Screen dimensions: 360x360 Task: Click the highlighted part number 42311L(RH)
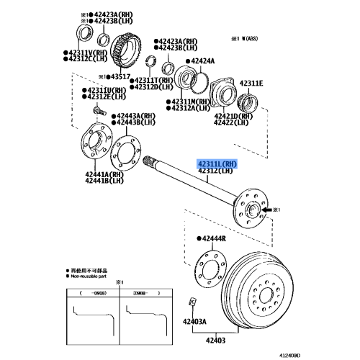pyautogui.click(x=220, y=165)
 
